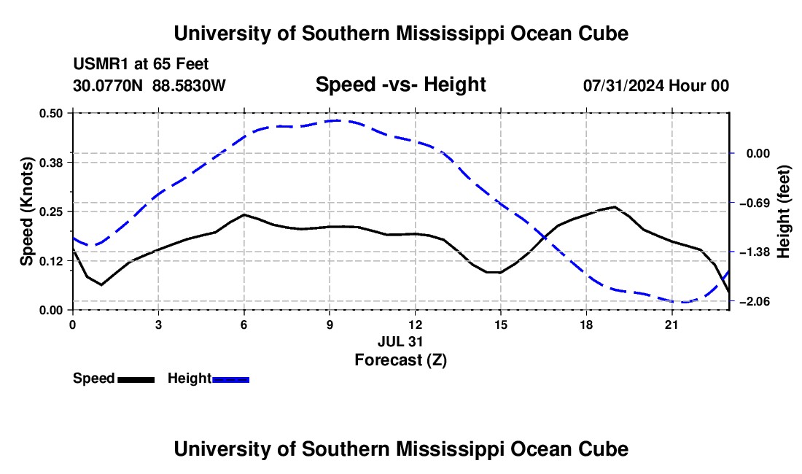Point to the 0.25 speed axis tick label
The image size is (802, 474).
pos(50,211)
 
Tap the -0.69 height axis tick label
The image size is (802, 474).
pos(755,203)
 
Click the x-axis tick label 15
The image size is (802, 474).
pos(501,325)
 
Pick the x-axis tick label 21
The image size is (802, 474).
pos(671,325)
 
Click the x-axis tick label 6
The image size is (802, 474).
pos(244,325)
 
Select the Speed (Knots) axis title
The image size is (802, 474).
pos(26,211)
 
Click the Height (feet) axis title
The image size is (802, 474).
pos(784,211)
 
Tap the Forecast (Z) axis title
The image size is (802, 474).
pos(400,360)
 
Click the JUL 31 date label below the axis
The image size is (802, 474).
pos(400,341)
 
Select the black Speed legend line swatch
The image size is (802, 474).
pos(136,379)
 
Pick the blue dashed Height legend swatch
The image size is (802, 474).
pos(230,379)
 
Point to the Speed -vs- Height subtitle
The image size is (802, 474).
pos(400,85)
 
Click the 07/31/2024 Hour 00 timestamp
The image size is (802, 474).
pos(656,85)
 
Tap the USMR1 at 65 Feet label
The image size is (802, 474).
pos(141,64)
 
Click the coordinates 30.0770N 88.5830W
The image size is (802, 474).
pos(149,85)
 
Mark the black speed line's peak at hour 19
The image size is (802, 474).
pos(615,206)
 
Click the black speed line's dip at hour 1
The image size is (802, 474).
pos(101,285)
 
